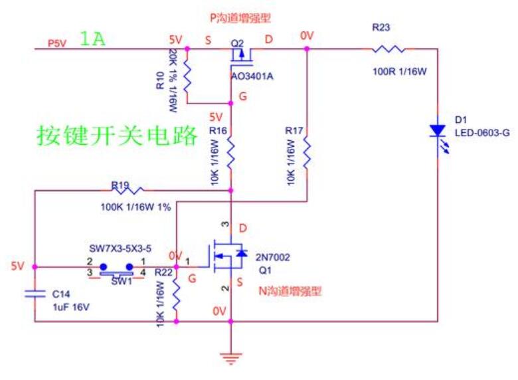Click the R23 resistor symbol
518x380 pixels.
pyautogui.click(x=388, y=48)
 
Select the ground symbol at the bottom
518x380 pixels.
pyautogui.click(x=230, y=359)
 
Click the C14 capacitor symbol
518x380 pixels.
pyautogui.click(x=34, y=294)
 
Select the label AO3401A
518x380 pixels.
pyautogui.click(x=252, y=76)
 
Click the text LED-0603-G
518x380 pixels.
pyautogui.click(x=482, y=132)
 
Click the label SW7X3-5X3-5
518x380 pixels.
pyautogui.click(x=121, y=248)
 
